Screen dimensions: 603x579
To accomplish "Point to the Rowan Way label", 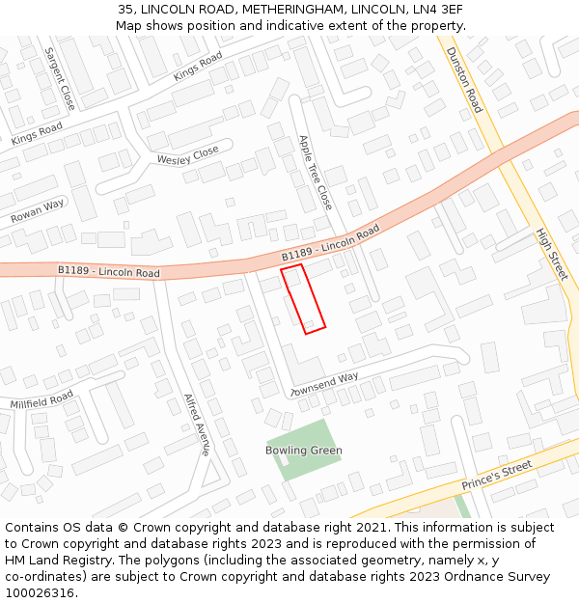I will pyautogui.click(x=38, y=211).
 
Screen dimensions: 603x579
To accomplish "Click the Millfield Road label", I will pyautogui.click(x=41, y=397).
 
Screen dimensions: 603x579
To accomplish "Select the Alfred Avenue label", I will pyautogui.click(x=197, y=425).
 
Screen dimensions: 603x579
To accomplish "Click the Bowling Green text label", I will pyautogui.click(x=304, y=451).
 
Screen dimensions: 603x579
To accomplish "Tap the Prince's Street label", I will pyautogui.click(x=497, y=475).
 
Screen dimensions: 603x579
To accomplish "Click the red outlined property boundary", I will pyautogui.click(x=303, y=299).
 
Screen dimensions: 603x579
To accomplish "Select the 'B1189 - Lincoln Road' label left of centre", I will pyautogui.click(x=108, y=273).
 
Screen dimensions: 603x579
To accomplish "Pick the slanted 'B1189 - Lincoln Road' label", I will pyautogui.click(x=331, y=244).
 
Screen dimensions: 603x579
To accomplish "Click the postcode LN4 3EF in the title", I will pyautogui.click(x=440, y=10).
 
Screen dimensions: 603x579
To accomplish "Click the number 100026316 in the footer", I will pyautogui.click(x=40, y=593).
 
